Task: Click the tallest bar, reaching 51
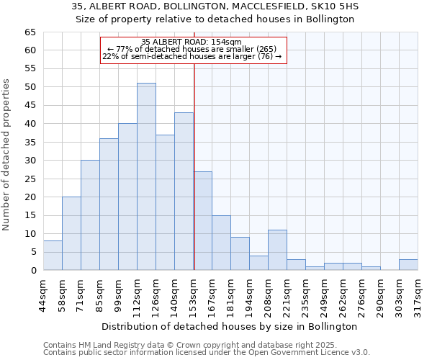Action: coord(146,176)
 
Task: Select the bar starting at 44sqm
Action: coord(53,256)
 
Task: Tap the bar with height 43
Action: coord(184,191)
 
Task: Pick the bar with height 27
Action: coord(202,220)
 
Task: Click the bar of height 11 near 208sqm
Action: coord(277,250)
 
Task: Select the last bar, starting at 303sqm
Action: coord(408,264)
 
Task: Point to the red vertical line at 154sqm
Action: coord(194,166)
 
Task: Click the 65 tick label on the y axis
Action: coord(30,32)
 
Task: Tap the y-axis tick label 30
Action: coord(30,161)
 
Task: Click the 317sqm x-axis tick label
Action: coord(418,294)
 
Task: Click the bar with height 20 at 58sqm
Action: coord(71,233)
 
